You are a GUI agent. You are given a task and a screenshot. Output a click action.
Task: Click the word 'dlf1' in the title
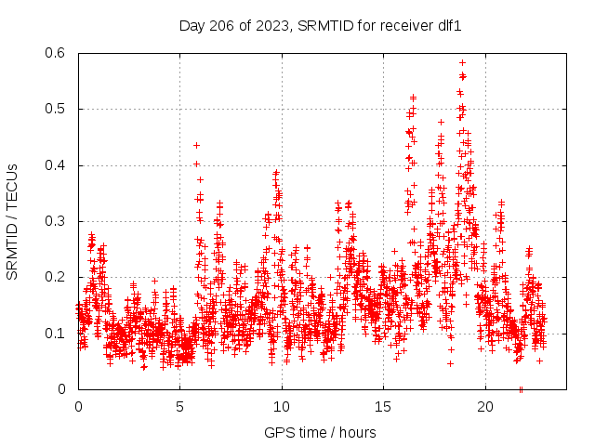pos(448,26)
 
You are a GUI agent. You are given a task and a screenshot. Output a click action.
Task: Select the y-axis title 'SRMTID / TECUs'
pos(12,222)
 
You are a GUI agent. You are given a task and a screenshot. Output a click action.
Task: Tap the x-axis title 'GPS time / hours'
pos(321,433)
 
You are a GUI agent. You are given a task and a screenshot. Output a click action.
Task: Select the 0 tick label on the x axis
pos(78,406)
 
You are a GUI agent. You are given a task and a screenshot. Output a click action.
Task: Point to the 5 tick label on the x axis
pos(180,406)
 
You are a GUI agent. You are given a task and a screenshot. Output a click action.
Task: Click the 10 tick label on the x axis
pos(282,406)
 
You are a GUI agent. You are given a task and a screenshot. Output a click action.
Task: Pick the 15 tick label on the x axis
pos(384,406)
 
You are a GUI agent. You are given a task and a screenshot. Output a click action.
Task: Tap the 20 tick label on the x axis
pos(485,406)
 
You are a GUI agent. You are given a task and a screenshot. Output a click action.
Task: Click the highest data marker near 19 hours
pos(462,63)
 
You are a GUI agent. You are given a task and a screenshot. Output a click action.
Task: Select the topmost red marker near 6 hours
pos(196,145)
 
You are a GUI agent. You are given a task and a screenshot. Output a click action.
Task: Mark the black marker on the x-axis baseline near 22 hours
pos(521,388)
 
